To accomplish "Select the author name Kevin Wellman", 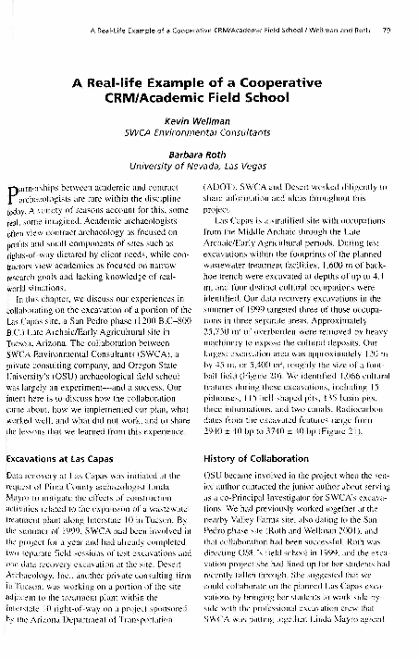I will pos(208,123).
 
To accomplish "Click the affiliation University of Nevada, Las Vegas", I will pos(208,169).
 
